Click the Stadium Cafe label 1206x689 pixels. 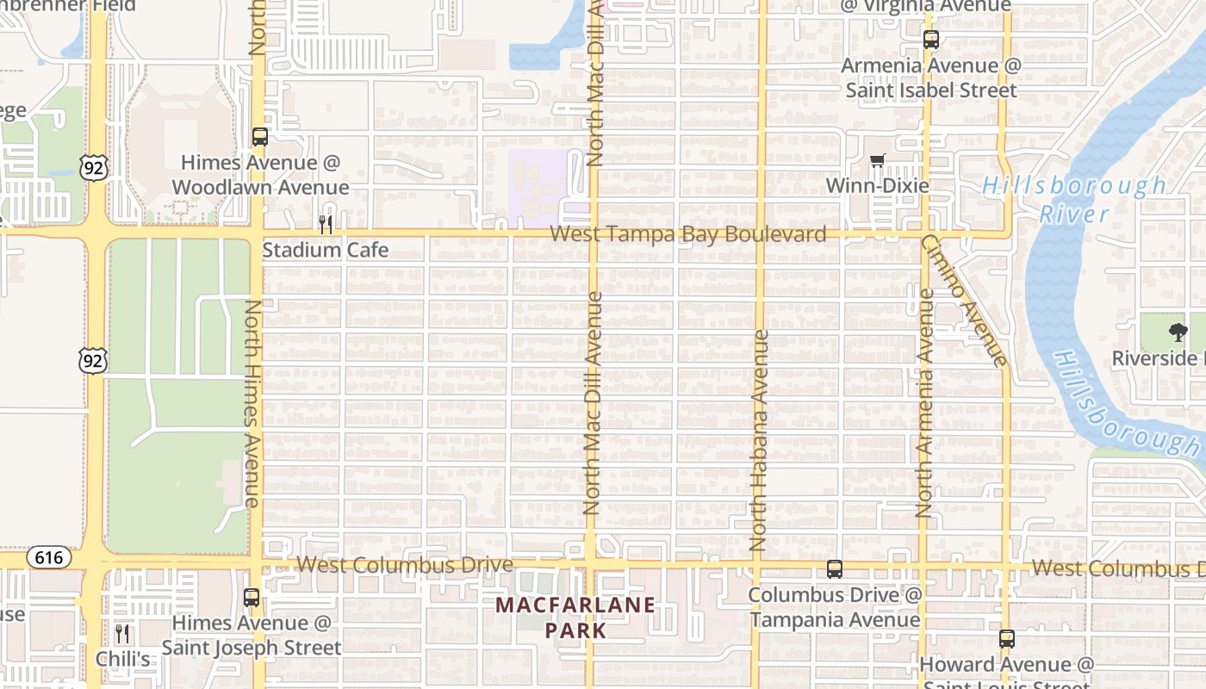pos(325,251)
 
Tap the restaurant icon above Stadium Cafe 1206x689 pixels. pos(326,225)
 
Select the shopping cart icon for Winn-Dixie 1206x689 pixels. pos(878,160)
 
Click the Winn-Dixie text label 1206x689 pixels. pos(877,186)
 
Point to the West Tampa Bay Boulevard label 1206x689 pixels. pos(687,234)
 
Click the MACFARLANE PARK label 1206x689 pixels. pos(575,618)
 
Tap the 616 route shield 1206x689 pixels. pos(48,558)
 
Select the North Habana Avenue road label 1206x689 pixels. pos(758,440)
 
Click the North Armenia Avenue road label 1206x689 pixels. pos(924,403)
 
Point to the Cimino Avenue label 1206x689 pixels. pos(965,301)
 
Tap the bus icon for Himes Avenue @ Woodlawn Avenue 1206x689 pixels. pos(259,137)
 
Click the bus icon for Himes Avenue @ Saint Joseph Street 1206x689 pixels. pos(251,597)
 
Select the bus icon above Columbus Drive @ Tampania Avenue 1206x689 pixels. pos(834,569)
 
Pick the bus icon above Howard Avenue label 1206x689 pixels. pos(1006,639)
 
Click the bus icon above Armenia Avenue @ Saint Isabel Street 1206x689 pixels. pos(930,40)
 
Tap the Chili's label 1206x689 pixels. pos(122,660)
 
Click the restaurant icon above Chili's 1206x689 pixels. pos(122,635)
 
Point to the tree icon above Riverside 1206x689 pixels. pos(1178,332)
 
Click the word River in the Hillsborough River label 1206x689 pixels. pos(1073,214)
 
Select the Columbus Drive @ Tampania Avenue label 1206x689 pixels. pos(834,607)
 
